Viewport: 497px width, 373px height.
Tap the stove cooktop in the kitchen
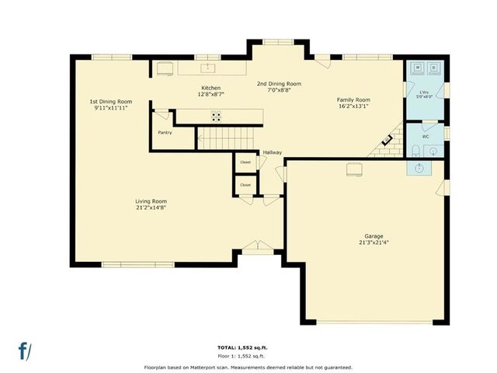click(x=217, y=117)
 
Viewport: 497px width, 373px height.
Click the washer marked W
click(x=418, y=68)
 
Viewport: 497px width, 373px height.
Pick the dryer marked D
click(x=433, y=68)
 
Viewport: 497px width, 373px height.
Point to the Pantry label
click(x=165, y=132)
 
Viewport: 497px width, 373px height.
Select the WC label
click(x=425, y=136)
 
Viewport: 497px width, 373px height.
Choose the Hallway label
click(x=272, y=152)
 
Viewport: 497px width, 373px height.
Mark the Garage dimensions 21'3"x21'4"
click(x=374, y=242)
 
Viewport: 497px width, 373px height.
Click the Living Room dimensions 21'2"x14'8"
click(x=151, y=207)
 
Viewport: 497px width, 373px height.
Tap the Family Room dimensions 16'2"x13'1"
click(x=353, y=106)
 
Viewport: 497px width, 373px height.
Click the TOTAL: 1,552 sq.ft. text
click(x=248, y=347)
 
